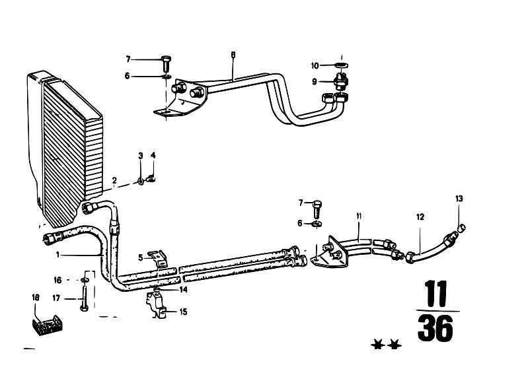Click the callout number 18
coord(36,298)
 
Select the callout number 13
coord(459,199)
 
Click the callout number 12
coord(420,217)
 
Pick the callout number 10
coord(315,65)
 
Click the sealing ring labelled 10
coord(342,65)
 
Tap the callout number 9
coord(314,81)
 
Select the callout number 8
coord(233,55)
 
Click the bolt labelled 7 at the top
coord(167,63)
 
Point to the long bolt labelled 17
coord(84,296)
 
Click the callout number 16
coord(57,280)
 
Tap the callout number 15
coord(183,312)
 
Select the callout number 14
coord(183,289)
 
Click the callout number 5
coord(140,258)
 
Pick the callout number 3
coord(141,155)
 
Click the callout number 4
coord(153,155)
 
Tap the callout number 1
coord(57,255)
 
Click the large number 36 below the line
coord(435,327)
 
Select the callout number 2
coord(114,180)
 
